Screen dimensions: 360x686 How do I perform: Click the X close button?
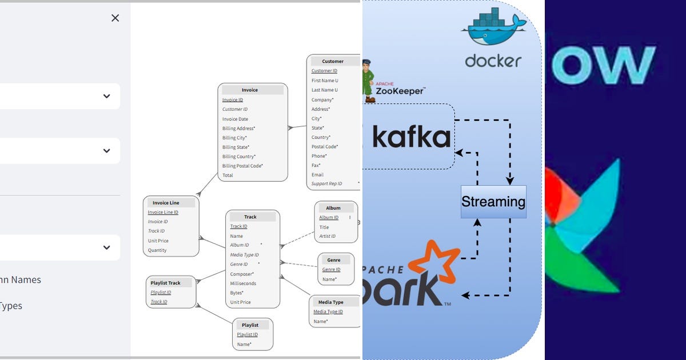pos(115,18)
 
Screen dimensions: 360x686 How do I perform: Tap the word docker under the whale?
pos(493,60)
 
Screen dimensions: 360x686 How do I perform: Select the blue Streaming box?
pos(493,202)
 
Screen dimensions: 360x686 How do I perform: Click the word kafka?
pos(411,137)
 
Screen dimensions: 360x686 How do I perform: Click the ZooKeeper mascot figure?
pos(368,81)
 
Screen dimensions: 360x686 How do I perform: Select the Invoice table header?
pos(250,90)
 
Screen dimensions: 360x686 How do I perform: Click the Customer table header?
pos(333,61)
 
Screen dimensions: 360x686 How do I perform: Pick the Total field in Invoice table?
pos(228,175)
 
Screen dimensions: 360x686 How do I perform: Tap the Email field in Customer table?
pos(317,175)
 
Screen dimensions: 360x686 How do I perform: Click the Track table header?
pos(250,217)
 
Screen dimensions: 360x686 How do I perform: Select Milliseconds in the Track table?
pos(243,283)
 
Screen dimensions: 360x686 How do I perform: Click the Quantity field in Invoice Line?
pos(157,250)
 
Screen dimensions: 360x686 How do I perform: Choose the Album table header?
pos(333,208)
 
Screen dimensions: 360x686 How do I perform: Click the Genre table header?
pos(334,260)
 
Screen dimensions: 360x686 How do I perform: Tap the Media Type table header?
pos(330,302)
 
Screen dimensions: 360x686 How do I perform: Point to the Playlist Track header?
pos(165,283)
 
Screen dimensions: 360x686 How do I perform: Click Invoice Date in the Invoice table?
pos(235,119)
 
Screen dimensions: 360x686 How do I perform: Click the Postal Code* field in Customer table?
pos(324,147)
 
